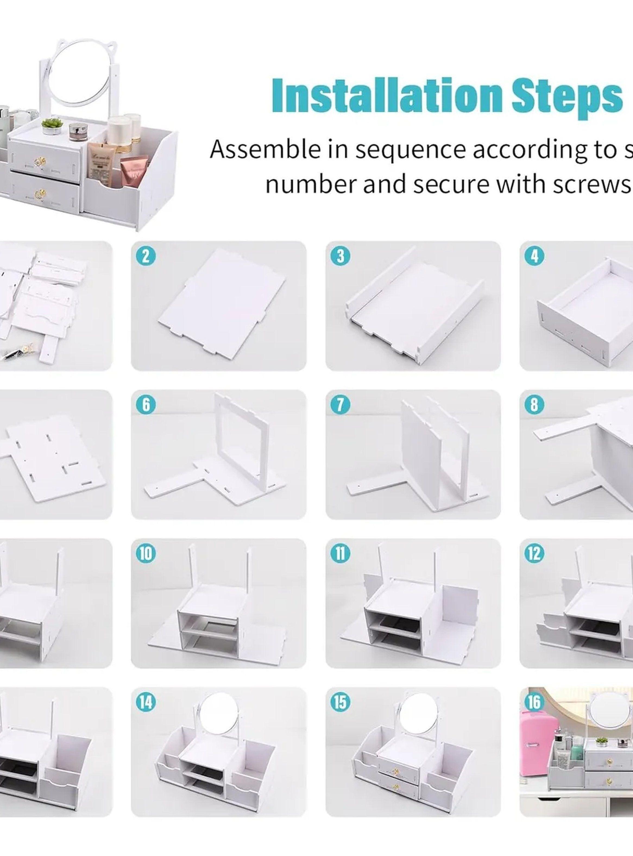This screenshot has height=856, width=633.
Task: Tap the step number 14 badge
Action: pyautogui.click(x=146, y=702)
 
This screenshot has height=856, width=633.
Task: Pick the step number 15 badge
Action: pyautogui.click(x=340, y=702)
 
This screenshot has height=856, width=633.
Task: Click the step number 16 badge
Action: pyautogui.click(x=534, y=702)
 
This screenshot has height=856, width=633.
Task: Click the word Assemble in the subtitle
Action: pyautogui.click(x=264, y=149)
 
